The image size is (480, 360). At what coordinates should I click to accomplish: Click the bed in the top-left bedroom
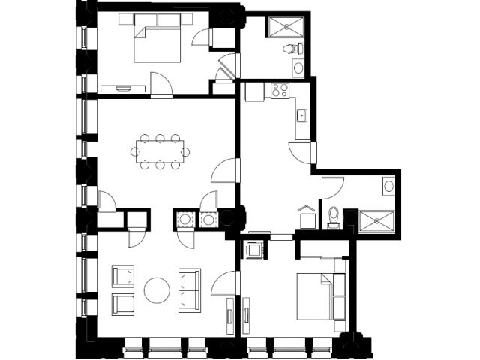click(158, 42)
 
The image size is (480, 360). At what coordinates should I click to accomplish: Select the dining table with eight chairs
click(160, 151)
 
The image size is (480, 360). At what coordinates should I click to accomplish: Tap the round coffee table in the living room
click(157, 290)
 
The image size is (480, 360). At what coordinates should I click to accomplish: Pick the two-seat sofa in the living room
click(190, 289)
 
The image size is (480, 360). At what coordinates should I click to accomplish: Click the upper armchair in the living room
click(123, 277)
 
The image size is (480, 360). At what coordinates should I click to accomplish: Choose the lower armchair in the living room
click(123, 304)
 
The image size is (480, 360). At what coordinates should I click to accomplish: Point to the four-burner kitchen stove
click(280, 91)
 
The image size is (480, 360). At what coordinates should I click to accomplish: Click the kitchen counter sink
click(301, 115)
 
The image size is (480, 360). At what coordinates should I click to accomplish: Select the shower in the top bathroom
click(285, 28)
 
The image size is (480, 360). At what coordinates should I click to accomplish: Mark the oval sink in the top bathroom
click(298, 69)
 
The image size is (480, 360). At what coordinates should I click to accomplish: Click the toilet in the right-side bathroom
click(334, 217)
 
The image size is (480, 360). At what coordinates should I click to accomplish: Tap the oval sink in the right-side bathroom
click(388, 185)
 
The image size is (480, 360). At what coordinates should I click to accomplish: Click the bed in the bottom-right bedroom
click(320, 297)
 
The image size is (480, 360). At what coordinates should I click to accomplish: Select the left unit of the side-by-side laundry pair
click(184, 220)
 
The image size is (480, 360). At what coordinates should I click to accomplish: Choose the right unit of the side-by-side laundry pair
click(208, 220)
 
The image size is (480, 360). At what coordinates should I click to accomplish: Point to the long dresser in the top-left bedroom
click(123, 88)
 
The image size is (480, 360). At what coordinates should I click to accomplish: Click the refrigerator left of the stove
click(254, 91)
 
